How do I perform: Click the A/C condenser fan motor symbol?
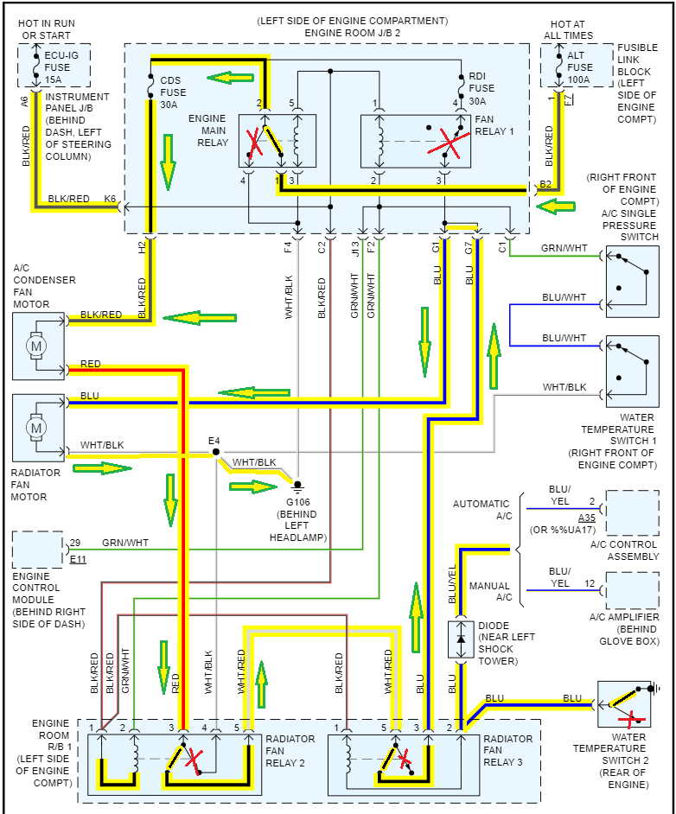[x=36, y=346]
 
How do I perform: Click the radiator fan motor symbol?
[x=36, y=428]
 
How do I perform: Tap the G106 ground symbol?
[x=297, y=486]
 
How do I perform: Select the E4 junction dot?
[x=216, y=452]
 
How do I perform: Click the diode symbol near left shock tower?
[x=461, y=639]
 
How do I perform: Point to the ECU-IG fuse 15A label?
[x=61, y=67]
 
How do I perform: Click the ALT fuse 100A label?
[x=579, y=67]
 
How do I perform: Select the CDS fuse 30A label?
[x=173, y=92]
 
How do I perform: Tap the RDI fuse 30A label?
[x=481, y=89]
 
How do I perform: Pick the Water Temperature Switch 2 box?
[x=624, y=704]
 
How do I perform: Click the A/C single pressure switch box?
[x=633, y=282]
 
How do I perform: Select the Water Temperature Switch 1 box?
[x=633, y=372]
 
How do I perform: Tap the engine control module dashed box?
[x=37, y=550]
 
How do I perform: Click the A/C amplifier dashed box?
[x=633, y=590]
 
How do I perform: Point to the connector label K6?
[x=110, y=199]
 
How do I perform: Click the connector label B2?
[x=545, y=184]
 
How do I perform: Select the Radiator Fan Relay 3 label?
[x=507, y=750]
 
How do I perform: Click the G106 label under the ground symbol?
[x=298, y=502]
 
